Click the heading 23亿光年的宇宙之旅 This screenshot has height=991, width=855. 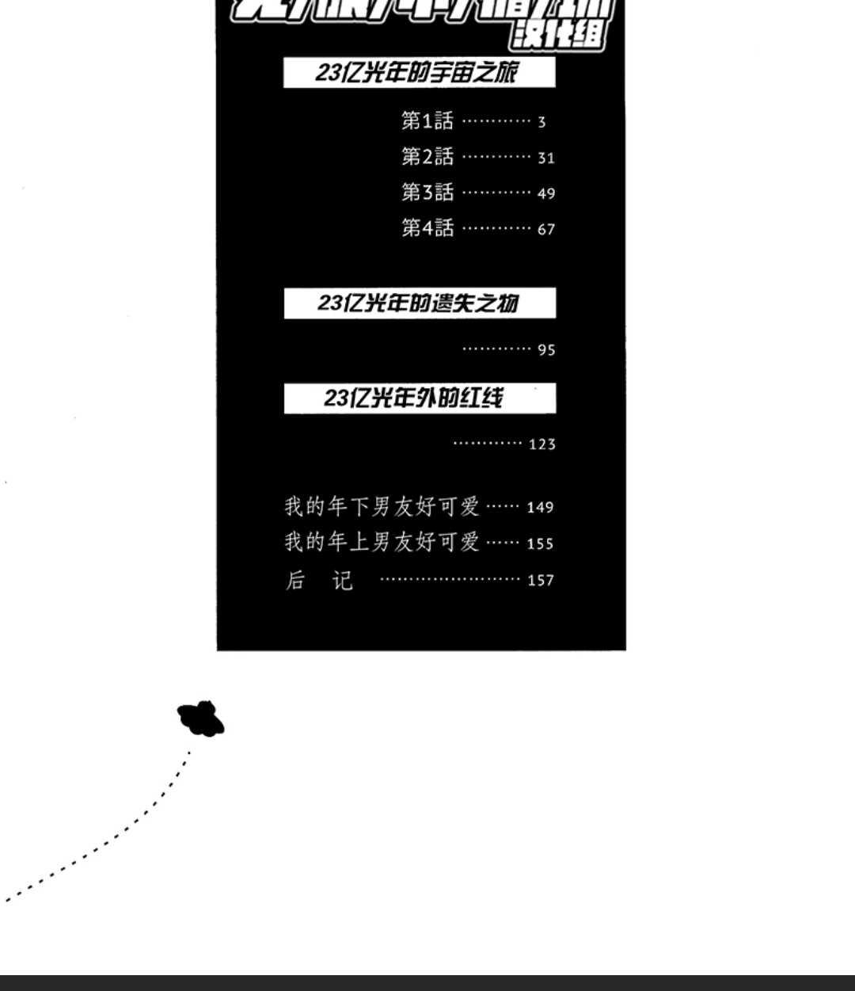click(418, 73)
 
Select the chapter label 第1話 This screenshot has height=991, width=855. click(427, 120)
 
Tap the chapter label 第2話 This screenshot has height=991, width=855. click(427, 157)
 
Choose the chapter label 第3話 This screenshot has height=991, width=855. click(427, 192)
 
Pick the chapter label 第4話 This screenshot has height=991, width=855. click(427, 228)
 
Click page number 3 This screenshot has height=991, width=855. click(541, 122)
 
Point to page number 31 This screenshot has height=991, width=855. click(546, 158)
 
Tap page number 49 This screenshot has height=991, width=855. click(546, 194)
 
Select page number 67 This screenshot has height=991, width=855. click(546, 230)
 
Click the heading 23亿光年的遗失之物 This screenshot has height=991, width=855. click(418, 303)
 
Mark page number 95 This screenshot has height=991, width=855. click(546, 350)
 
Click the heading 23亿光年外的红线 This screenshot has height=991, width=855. click(413, 398)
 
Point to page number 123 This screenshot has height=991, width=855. click(542, 444)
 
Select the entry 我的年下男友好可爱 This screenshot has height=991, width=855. click(382, 506)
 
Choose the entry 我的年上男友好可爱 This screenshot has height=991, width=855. click(382, 543)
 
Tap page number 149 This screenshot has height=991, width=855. click(540, 508)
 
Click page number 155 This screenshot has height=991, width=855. click(540, 544)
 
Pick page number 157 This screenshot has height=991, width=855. click(541, 581)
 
